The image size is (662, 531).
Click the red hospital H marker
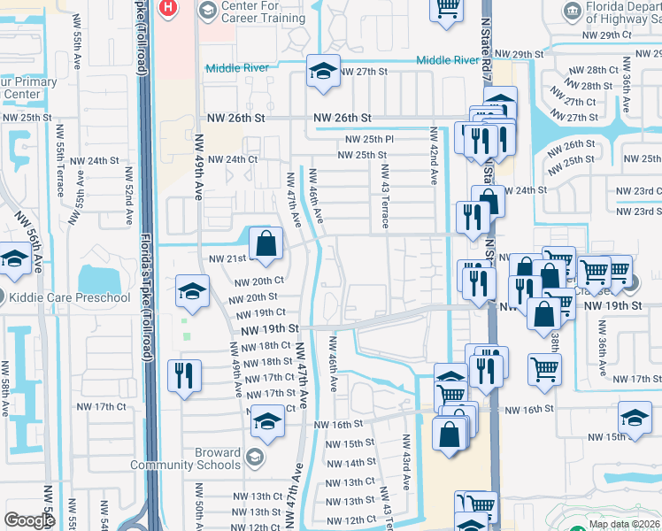pyautogui.click(x=167, y=8)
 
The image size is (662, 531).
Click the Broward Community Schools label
pyautogui.click(x=185, y=458)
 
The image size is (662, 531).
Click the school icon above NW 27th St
pyautogui.click(x=324, y=72)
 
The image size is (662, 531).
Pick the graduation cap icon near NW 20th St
pyautogui.click(x=192, y=291)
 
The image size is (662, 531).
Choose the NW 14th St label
pyautogui.click(x=350, y=463)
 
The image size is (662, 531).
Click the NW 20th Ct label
pyautogui.click(x=259, y=281)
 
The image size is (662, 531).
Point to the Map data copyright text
pyautogui.click(x=625, y=524)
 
